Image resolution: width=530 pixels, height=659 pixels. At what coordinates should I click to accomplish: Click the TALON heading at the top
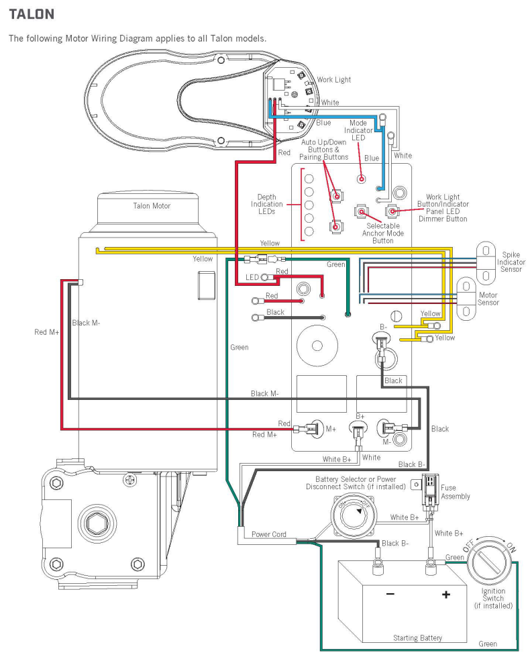point(31,13)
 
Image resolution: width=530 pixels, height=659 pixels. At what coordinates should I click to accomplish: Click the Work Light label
point(333,80)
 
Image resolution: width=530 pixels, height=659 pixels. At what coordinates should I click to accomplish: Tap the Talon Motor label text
point(152,206)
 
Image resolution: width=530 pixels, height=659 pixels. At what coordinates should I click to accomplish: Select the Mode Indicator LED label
point(359,130)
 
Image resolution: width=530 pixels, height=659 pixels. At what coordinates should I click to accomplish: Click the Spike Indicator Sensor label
point(513,262)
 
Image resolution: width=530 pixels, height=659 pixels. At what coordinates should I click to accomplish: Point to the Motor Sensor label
point(488,298)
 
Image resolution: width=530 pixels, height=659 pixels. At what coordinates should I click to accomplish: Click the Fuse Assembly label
point(456,493)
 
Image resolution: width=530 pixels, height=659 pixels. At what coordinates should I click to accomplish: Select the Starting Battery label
point(417,638)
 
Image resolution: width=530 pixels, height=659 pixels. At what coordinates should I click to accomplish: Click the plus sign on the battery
point(444,595)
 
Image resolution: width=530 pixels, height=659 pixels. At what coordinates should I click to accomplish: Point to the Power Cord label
point(269,535)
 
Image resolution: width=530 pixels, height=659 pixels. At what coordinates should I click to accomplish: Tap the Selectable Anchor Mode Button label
point(382,233)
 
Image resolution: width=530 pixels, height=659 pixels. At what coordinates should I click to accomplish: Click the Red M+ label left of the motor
point(47,332)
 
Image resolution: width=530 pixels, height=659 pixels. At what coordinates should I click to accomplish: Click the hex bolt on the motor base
point(91,521)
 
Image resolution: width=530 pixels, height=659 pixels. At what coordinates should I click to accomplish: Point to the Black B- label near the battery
point(395,543)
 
